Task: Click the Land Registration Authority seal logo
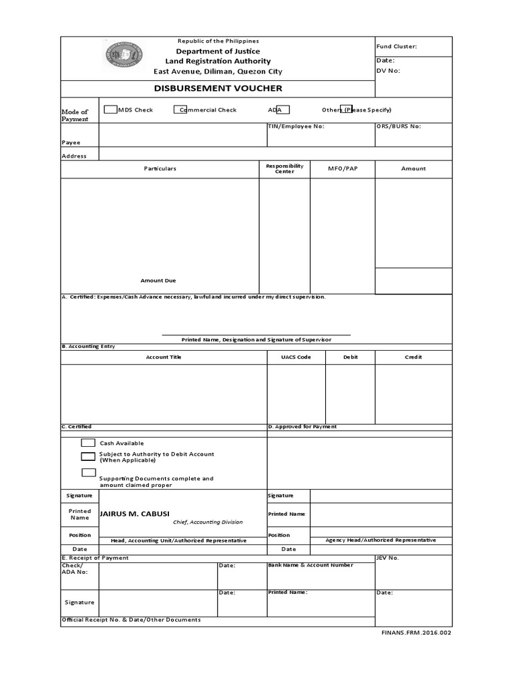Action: coord(123,55)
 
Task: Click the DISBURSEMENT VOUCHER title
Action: coord(218,88)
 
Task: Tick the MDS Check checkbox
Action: coord(110,110)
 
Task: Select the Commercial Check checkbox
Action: coord(180,110)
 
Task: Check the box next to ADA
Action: coord(283,110)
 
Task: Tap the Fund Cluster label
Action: coord(396,46)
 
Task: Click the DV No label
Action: coord(388,70)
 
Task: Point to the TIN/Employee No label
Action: coord(295,126)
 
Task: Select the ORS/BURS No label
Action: coord(398,126)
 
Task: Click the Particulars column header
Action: coord(160,168)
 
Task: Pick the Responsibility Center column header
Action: coord(285,168)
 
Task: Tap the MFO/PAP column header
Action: coord(343,168)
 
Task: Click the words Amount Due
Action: coord(158,281)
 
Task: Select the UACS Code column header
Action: coord(296,357)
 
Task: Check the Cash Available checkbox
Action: coord(88,443)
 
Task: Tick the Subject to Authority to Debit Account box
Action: coord(88,457)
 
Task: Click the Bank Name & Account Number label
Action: coord(311,565)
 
